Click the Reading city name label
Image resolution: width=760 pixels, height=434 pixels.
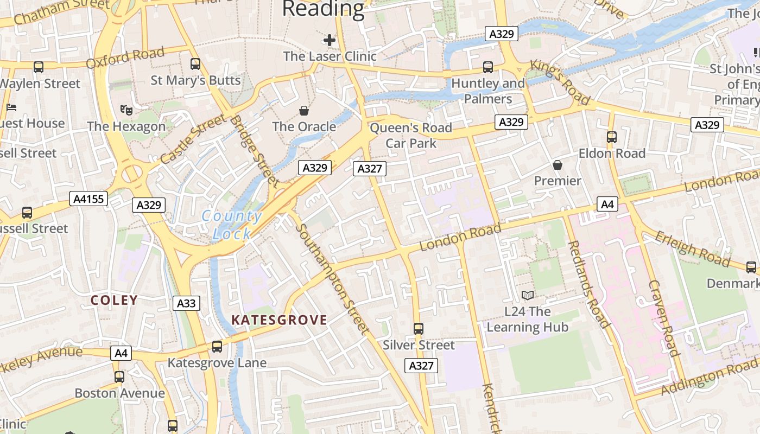point(323,9)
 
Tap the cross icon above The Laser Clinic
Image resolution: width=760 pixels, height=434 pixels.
point(330,40)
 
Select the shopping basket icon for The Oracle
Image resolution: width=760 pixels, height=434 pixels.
point(304,111)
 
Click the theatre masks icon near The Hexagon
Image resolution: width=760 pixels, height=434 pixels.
point(126,110)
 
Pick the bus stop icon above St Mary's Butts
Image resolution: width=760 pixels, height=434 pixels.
point(195,64)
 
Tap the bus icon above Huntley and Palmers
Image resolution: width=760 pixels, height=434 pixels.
point(488,67)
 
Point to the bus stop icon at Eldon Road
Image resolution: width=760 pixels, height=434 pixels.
point(612,137)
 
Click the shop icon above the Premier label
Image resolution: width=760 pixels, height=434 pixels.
point(558,165)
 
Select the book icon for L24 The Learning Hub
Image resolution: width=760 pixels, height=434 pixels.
point(527,296)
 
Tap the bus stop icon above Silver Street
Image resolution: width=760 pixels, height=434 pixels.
point(418,329)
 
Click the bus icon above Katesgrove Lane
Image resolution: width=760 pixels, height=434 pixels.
point(217,347)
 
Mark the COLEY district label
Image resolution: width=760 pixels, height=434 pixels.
point(114,300)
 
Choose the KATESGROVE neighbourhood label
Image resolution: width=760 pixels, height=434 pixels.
point(279,320)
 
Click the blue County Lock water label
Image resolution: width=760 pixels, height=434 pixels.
point(232,225)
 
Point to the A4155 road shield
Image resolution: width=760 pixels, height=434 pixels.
point(89,199)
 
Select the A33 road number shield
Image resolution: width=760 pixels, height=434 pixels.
point(186,303)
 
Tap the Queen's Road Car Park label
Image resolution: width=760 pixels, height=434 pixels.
point(411,136)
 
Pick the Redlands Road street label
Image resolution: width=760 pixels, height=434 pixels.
point(588,284)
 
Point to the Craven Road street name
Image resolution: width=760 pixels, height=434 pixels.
point(663,318)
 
